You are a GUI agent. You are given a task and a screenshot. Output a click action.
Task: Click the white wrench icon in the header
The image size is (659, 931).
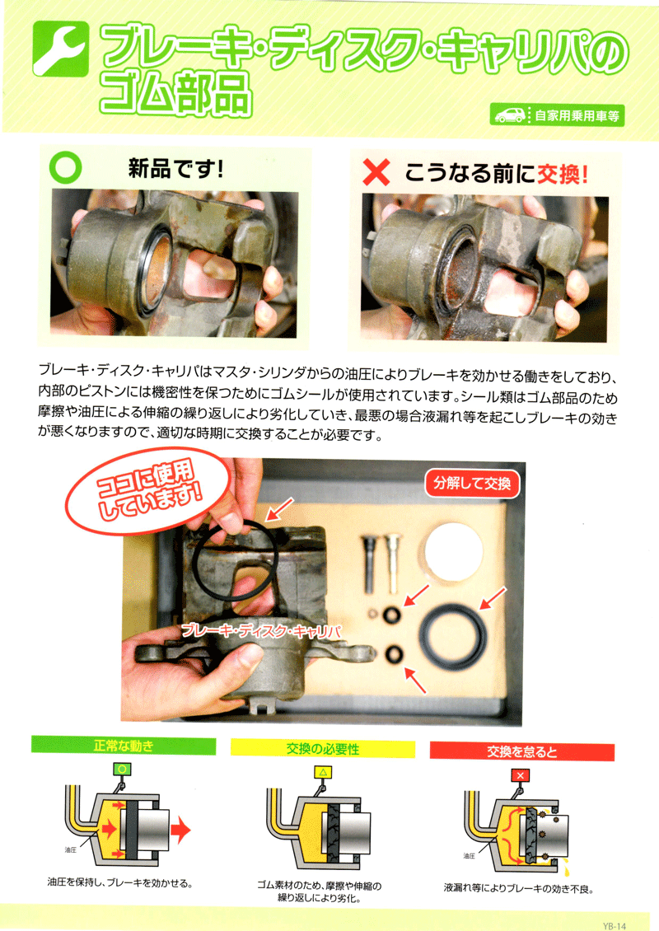point(60,50)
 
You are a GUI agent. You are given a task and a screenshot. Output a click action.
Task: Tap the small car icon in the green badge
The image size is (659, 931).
point(509,115)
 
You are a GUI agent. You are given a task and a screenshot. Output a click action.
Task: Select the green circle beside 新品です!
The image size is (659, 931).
point(65,168)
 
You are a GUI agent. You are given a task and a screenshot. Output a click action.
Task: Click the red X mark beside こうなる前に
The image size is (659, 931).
point(376,173)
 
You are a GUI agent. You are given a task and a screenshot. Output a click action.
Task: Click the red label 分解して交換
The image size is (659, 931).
point(473,484)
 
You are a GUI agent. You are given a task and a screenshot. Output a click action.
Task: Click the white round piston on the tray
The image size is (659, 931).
point(453,551)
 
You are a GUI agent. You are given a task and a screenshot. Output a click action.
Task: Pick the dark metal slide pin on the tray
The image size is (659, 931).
point(367,563)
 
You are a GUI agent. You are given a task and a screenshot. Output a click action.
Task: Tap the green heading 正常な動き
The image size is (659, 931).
point(124,746)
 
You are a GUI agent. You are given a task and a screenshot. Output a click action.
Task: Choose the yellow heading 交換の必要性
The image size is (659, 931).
point(322,749)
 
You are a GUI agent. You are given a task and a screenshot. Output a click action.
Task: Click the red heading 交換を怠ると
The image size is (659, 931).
point(522,751)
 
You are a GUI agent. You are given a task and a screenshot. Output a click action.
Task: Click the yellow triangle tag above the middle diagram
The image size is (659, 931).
point(322,773)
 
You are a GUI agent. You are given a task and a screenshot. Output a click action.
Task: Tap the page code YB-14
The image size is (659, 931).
point(614,925)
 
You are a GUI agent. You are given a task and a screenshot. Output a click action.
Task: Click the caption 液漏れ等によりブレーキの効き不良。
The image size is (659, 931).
point(518,888)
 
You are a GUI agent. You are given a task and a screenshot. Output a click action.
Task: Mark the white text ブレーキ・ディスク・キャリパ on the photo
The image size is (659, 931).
point(260,630)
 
